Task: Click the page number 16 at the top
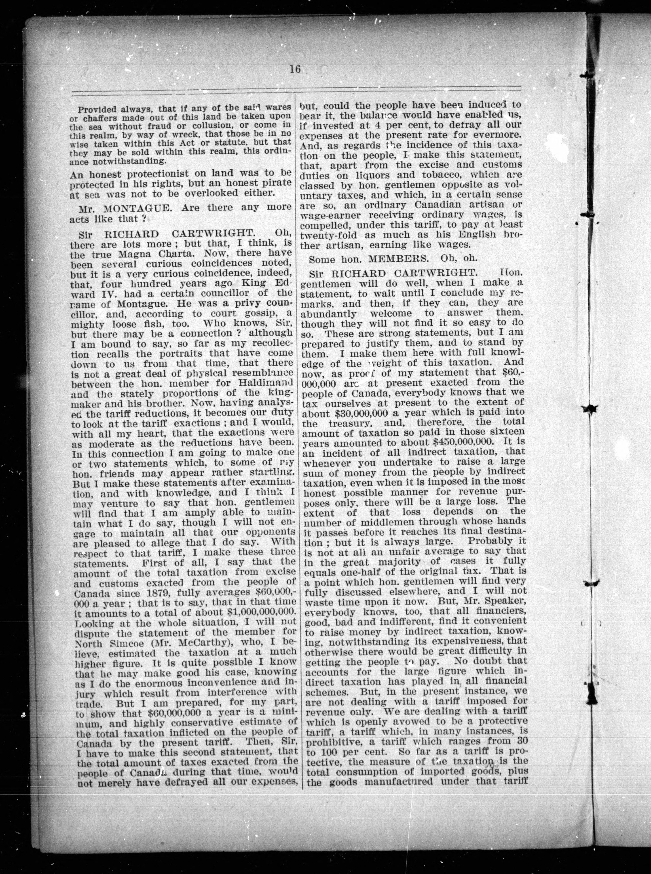[295, 69]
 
